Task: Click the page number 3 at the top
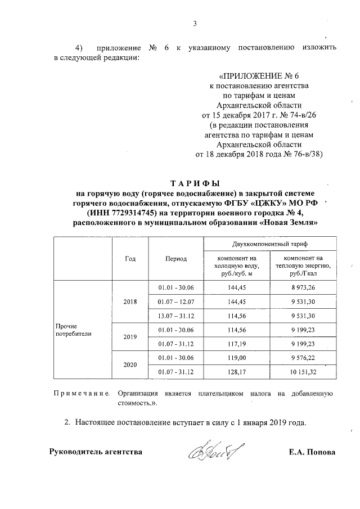[195, 24]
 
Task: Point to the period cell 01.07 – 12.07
[176, 301]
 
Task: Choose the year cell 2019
[130, 336]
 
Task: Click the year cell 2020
[130, 364]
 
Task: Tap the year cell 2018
[130, 301]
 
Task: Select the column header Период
[176, 258]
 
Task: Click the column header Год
[130, 258]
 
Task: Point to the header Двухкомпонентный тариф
[269, 245]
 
